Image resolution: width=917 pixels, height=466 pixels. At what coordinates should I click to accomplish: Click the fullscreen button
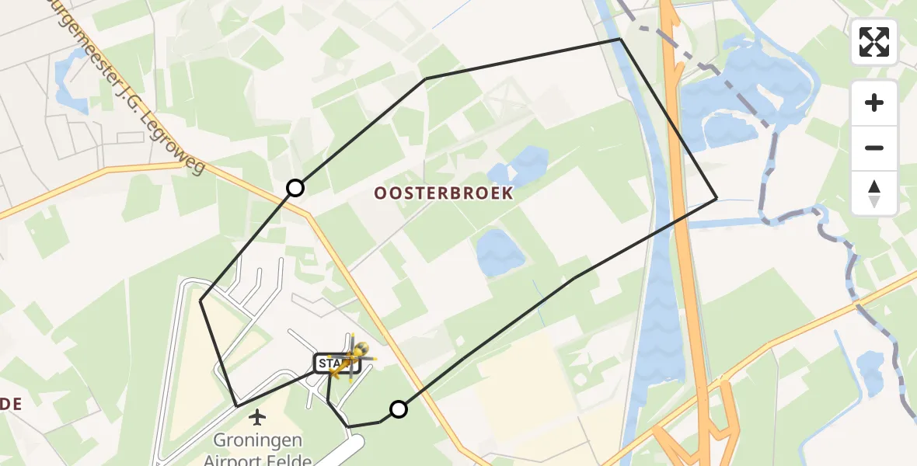874,42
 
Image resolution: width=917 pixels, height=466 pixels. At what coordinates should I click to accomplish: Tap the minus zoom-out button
874,148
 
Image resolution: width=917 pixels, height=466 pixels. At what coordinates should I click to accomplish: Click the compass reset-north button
874,193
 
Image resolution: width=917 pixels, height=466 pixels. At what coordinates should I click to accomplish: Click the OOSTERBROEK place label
444,193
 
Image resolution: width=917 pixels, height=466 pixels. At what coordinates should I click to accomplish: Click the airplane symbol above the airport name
257,419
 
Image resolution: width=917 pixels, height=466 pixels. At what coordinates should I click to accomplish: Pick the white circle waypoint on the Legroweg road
295,187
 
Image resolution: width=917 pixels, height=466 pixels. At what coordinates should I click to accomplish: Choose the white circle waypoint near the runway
398,409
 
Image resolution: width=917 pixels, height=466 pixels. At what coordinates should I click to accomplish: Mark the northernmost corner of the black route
619,39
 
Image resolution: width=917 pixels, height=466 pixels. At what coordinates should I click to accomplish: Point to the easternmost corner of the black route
716,199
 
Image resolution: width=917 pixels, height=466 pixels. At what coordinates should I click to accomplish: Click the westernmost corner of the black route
200,300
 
